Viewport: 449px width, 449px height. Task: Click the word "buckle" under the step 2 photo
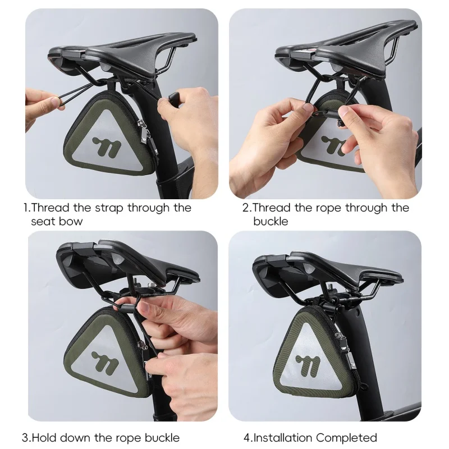(x=271, y=221)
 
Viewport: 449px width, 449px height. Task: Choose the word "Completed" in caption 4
(x=346, y=438)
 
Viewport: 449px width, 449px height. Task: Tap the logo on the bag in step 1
(x=106, y=146)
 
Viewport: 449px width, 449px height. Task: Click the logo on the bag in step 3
(x=105, y=362)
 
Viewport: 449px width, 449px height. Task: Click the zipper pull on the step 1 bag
(x=143, y=135)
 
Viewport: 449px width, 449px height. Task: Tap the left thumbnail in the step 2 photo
(x=308, y=108)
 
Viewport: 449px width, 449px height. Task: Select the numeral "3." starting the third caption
(x=26, y=438)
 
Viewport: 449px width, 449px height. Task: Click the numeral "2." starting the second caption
(x=247, y=208)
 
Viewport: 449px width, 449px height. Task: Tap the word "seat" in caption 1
(x=43, y=221)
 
